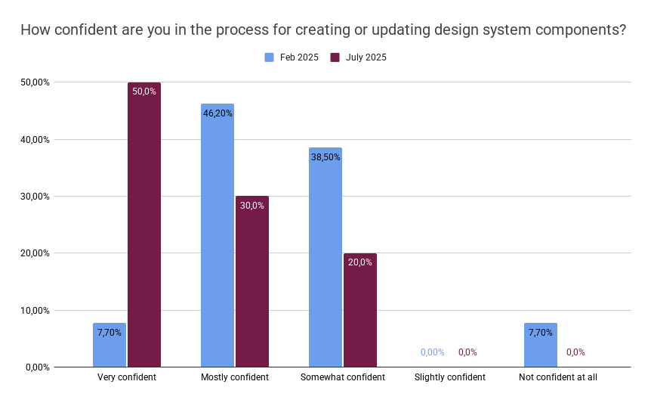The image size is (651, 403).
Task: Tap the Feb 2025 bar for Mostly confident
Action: click(x=218, y=235)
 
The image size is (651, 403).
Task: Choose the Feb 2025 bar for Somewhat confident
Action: click(x=325, y=257)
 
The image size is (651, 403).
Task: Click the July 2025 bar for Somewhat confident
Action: click(x=359, y=310)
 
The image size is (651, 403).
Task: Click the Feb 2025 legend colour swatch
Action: click(x=269, y=57)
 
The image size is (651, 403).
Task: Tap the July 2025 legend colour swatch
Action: click(x=335, y=57)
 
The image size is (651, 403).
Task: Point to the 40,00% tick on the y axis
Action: click(x=34, y=139)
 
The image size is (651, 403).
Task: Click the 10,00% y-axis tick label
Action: click(x=34, y=310)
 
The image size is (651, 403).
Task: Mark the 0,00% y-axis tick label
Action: click(x=35, y=367)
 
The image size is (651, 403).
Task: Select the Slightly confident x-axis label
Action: click(x=450, y=377)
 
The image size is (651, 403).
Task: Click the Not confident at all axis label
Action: click(x=558, y=377)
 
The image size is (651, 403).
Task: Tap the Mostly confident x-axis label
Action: click(x=234, y=377)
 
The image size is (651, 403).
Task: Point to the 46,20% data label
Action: click(x=218, y=113)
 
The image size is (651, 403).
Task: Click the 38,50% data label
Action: click(x=325, y=157)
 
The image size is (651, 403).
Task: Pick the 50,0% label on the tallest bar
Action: click(x=143, y=91)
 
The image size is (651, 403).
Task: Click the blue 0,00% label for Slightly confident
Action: click(x=433, y=352)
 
